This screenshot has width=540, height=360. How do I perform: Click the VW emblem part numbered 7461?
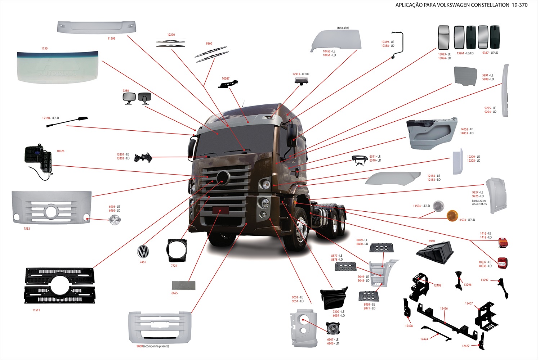[143, 251]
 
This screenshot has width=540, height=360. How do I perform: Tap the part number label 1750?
[44, 48]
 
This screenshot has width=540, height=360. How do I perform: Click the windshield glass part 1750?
[58, 67]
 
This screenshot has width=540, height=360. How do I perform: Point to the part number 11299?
[111, 39]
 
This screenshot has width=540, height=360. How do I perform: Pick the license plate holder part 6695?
[183, 285]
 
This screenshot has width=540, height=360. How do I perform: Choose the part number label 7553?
[27, 229]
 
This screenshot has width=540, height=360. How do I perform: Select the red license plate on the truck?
[220, 210]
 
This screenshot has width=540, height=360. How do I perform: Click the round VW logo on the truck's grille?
[223, 177]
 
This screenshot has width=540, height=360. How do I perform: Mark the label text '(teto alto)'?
[343, 28]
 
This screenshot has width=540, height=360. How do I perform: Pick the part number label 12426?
[444, 309]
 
